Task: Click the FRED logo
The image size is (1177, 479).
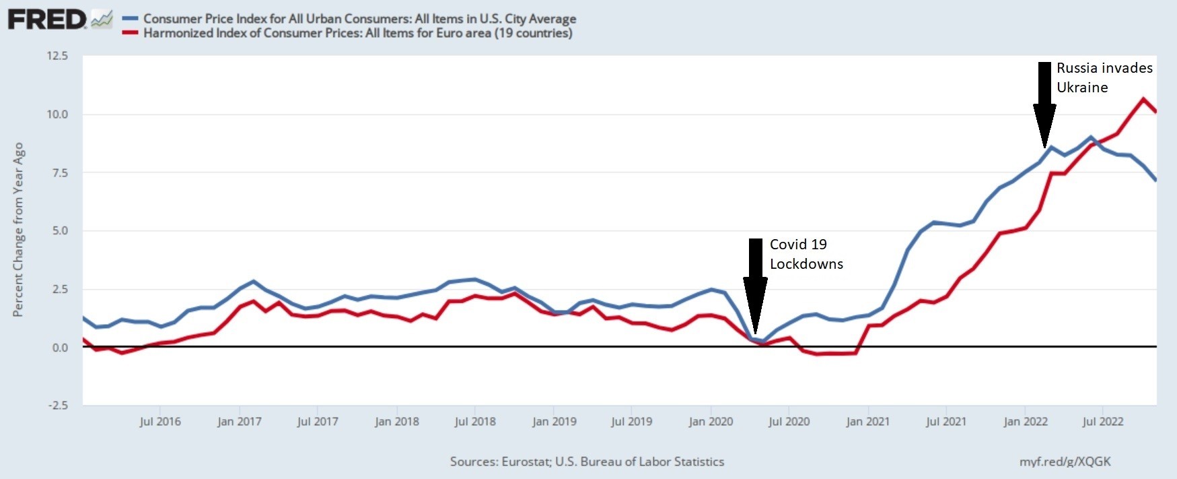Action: coord(47,20)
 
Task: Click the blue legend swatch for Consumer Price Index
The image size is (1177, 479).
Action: coord(131,19)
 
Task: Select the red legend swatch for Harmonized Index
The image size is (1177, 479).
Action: coord(131,33)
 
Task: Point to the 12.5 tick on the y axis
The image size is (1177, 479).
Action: coord(57,56)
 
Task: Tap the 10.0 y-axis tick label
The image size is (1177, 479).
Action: coord(57,115)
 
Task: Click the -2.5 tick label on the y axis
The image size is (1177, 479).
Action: coord(57,406)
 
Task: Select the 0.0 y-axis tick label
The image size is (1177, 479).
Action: coord(60,348)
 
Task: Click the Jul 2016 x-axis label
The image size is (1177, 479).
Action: coord(160,422)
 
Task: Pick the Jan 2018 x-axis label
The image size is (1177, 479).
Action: coord(396,422)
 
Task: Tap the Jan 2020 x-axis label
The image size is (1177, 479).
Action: coord(711,422)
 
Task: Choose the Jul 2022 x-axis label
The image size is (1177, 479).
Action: coord(1102,422)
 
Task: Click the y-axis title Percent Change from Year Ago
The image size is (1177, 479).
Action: coord(18,230)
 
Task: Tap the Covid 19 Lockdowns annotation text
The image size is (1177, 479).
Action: coord(806,254)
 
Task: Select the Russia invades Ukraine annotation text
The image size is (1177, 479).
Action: coord(1104,77)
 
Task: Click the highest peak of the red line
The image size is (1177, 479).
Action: coord(1143,99)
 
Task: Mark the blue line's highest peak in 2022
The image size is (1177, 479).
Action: coord(1091,137)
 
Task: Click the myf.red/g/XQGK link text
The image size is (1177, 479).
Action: coord(1065,461)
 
